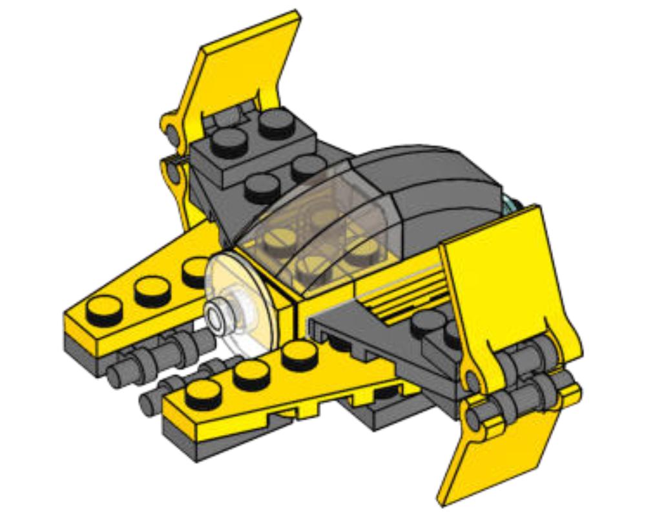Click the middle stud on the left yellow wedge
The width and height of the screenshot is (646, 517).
pos(152,290)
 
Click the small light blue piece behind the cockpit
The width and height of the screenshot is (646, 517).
pos(510,204)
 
